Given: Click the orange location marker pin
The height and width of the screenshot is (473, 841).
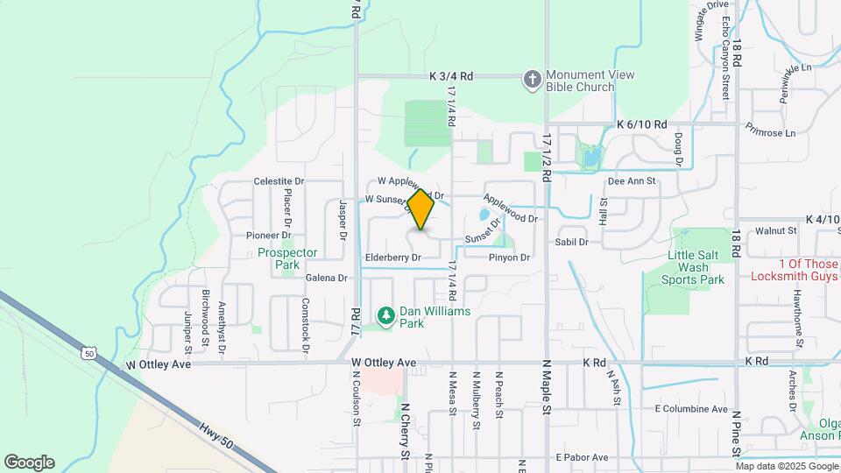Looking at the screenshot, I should pyautogui.click(x=421, y=210).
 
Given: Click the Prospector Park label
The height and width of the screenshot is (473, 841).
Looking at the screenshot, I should pyautogui.click(x=287, y=258).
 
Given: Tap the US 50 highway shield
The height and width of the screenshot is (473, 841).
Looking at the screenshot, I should pyautogui.click(x=88, y=353).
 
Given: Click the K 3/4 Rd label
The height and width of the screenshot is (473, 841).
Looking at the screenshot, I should pyautogui.click(x=451, y=77).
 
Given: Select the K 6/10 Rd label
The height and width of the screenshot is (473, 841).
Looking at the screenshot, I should pyautogui.click(x=641, y=125).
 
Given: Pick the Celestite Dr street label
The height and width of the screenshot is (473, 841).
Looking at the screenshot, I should pyautogui.click(x=279, y=181).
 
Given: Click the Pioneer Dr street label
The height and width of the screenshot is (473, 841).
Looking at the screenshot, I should pyautogui.click(x=268, y=235).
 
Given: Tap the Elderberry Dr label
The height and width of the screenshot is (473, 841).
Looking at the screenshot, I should pyautogui.click(x=392, y=258).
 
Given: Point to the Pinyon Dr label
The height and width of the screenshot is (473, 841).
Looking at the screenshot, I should pyautogui.click(x=510, y=258).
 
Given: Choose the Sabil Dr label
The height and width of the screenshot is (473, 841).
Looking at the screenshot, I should pyautogui.click(x=571, y=241).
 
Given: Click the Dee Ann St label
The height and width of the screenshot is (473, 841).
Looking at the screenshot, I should pyautogui.click(x=631, y=181).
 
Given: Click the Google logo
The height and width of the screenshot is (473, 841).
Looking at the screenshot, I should pyautogui.click(x=29, y=462).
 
